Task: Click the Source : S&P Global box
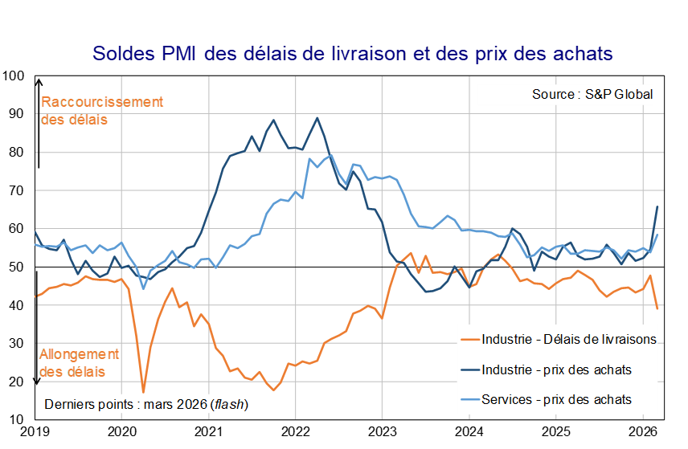(x=566, y=94)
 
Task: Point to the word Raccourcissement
(x=102, y=102)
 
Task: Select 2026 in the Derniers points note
(x=190, y=404)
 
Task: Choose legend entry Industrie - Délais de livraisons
(x=569, y=340)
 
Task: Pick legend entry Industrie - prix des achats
(x=556, y=369)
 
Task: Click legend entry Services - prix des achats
(x=556, y=399)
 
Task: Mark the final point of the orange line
(x=658, y=308)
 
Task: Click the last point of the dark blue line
(x=658, y=206)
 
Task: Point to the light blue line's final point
(x=658, y=235)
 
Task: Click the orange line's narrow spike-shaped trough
(x=144, y=391)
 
